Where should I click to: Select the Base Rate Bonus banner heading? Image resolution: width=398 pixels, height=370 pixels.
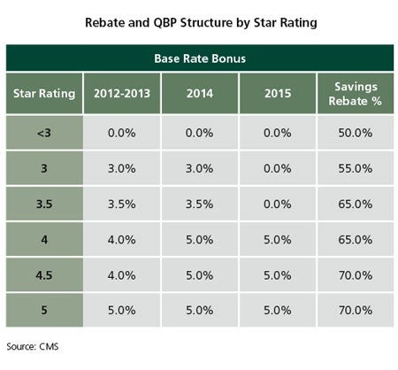(200, 58)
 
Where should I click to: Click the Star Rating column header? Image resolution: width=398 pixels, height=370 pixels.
(44, 94)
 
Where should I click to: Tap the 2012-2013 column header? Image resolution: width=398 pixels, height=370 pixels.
(122, 94)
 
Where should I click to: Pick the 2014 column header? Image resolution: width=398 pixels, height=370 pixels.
(200, 94)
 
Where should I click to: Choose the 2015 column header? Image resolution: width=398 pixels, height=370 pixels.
(278, 94)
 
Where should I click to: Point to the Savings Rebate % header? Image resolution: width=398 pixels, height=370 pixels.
(356, 94)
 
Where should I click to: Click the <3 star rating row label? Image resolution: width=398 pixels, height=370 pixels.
(44, 133)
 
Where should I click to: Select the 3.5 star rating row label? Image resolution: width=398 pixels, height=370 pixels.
(44, 204)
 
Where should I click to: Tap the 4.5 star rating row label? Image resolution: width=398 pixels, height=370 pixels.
(44, 275)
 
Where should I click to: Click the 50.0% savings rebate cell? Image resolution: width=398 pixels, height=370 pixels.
(356, 133)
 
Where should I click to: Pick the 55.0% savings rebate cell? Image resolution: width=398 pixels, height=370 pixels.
(356, 168)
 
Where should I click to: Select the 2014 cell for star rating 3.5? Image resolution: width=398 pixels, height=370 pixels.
(200, 204)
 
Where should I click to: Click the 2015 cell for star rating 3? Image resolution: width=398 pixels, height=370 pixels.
(278, 168)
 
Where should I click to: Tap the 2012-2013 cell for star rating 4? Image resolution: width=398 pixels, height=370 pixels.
(122, 240)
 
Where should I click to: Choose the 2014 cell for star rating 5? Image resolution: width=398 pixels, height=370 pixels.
(200, 311)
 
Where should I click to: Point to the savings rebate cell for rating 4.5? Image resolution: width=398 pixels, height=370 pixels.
(356, 275)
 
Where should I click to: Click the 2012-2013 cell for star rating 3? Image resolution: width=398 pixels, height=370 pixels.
(122, 168)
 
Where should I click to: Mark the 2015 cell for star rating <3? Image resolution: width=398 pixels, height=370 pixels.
(278, 133)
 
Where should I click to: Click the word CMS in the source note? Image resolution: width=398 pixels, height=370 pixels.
(49, 346)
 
